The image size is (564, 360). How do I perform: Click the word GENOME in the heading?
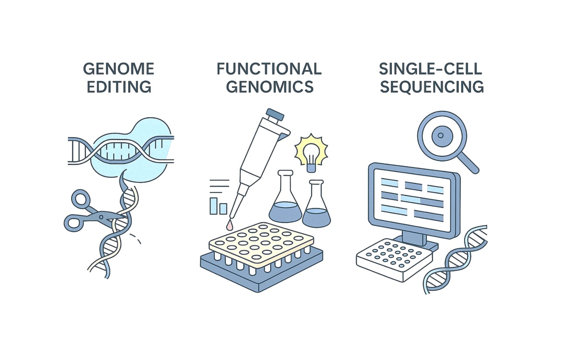(x=119, y=69)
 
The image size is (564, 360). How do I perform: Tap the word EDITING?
(x=119, y=87)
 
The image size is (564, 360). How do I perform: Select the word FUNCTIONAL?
(x=269, y=69)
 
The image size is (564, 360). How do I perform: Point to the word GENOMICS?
(x=270, y=87)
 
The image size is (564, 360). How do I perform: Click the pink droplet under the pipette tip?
(x=229, y=225)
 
